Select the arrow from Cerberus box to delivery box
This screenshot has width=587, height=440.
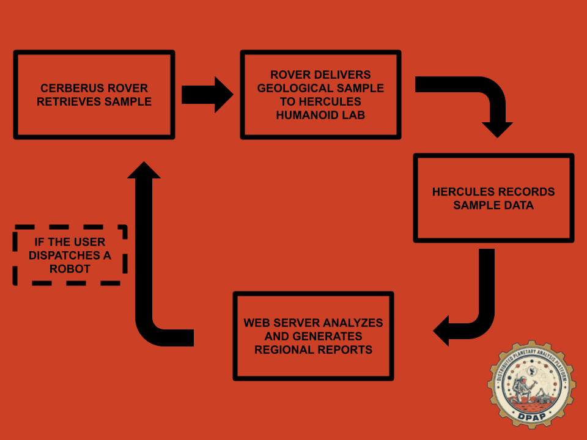[x=207, y=95]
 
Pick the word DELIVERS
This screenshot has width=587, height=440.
[x=343, y=75]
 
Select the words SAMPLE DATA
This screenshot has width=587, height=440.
[x=493, y=205]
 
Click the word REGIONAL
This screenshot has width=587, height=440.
[x=283, y=350]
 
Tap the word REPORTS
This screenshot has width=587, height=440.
[x=347, y=350]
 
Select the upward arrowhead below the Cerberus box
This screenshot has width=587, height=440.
[x=144, y=171]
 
